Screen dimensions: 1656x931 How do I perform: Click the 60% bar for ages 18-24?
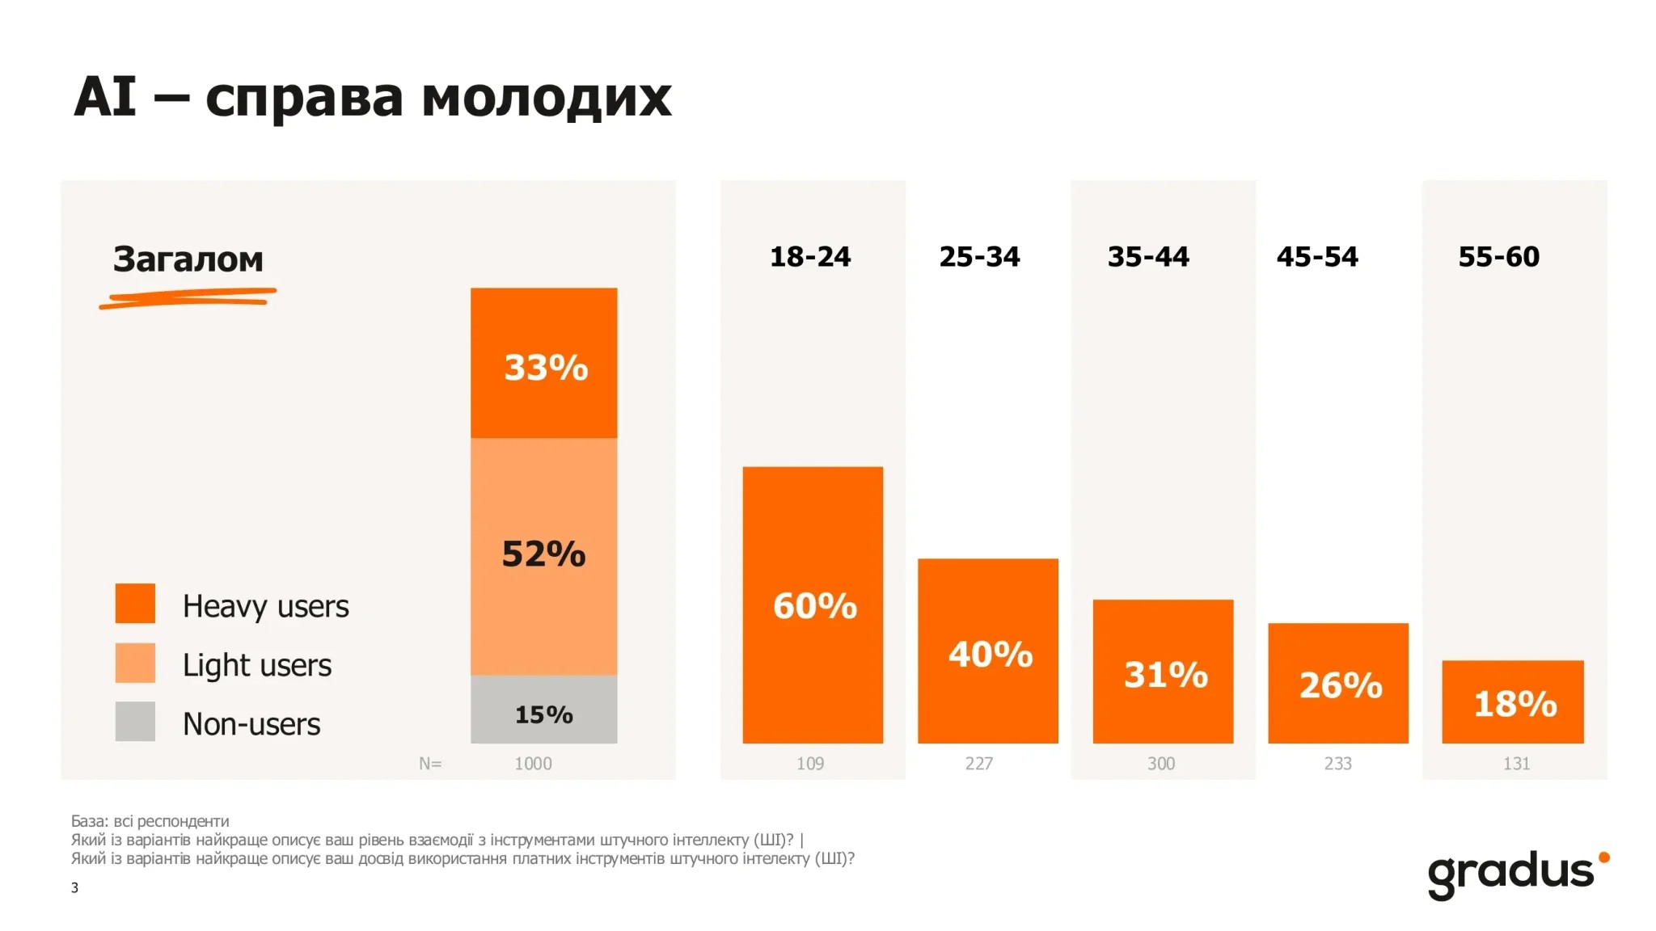(x=813, y=605)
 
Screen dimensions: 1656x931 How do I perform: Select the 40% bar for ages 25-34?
(x=987, y=651)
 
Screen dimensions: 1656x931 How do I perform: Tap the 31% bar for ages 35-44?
(x=1163, y=671)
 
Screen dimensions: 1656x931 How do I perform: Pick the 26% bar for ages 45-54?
(x=1338, y=683)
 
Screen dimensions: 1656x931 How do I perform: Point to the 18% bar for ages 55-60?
(x=1513, y=701)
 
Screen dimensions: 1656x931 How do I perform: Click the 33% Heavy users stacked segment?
(x=544, y=363)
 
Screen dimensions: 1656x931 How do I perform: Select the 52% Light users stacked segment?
(x=544, y=557)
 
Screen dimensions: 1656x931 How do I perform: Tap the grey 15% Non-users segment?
(x=544, y=710)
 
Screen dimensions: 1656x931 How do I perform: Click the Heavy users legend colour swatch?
(x=135, y=603)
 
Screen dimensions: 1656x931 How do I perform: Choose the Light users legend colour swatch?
(x=135, y=663)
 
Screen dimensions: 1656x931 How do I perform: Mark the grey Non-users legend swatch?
(x=135, y=722)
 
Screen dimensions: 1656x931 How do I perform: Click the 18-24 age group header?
(x=810, y=257)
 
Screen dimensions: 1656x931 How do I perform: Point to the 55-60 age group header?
(x=1499, y=257)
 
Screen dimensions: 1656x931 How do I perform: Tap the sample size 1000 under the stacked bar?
(x=534, y=764)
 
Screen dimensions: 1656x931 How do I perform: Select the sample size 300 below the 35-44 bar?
(x=1161, y=764)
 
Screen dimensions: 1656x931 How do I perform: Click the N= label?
(x=430, y=764)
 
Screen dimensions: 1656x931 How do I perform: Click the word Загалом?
(x=188, y=259)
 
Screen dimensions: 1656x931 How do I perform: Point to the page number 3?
(x=74, y=887)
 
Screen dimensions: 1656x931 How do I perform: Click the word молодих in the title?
(x=547, y=99)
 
